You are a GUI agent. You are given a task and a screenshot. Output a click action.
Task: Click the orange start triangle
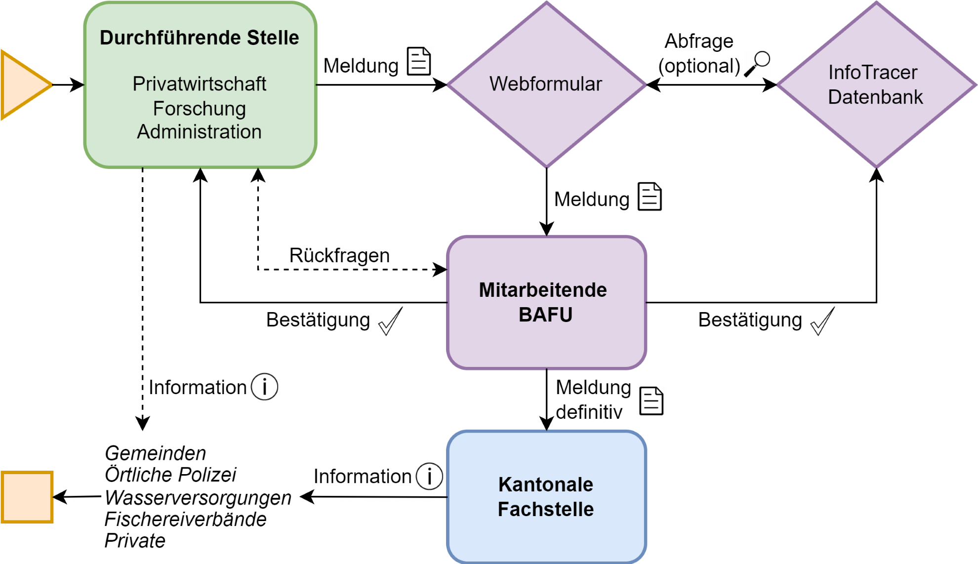coord(22,85)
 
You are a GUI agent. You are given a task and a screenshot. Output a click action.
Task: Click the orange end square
coord(27,497)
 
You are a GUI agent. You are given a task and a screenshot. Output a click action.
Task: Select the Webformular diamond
coord(546,84)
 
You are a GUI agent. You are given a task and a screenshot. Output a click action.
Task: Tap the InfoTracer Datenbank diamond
coord(876,84)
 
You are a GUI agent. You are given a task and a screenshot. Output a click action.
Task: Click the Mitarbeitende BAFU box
coord(546,302)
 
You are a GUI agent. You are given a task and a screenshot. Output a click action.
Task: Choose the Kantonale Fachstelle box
coord(546,497)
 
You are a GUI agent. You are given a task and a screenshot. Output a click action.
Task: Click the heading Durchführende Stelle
coord(199,38)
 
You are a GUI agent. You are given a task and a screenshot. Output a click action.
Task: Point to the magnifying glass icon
coord(757,63)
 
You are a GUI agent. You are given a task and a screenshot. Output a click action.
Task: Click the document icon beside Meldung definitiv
coord(652,401)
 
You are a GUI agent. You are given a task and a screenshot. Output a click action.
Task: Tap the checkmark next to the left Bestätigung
coord(390,322)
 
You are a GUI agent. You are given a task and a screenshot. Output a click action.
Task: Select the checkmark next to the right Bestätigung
coord(822,322)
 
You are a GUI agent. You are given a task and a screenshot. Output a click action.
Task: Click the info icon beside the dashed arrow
coord(265,387)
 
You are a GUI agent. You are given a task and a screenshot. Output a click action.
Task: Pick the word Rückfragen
coord(339,256)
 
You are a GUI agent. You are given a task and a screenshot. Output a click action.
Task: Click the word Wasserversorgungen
coord(198,497)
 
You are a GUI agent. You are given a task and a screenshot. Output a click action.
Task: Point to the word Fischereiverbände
coord(186,519)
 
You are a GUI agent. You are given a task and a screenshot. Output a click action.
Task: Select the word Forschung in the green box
coord(199,109)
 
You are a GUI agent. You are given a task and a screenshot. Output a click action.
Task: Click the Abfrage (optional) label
coord(699,53)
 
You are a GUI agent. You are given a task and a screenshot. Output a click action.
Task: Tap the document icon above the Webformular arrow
coord(419,61)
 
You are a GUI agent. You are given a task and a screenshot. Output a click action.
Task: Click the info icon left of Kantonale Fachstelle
coord(429,477)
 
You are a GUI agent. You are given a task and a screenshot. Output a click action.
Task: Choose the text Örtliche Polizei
coord(170,475)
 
